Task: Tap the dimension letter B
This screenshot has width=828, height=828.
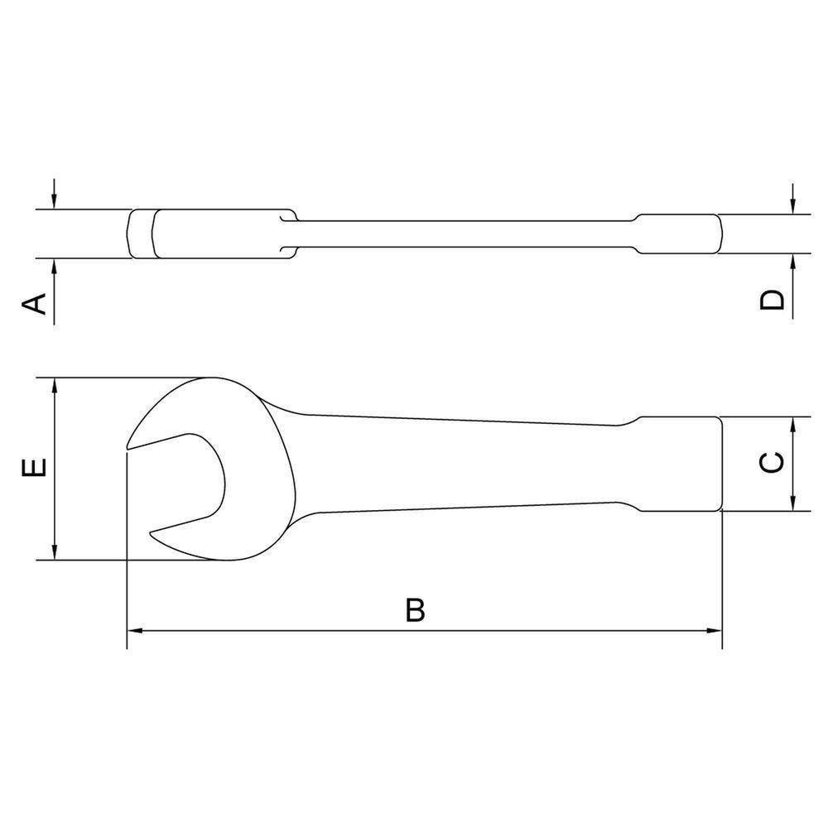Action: click(415, 609)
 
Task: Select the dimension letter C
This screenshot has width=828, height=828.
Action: click(772, 463)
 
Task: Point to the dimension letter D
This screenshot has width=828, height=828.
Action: click(772, 300)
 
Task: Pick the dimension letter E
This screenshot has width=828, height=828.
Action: click(34, 467)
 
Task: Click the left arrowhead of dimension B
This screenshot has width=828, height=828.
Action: click(135, 630)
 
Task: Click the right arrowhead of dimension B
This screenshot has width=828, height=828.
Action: click(714, 630)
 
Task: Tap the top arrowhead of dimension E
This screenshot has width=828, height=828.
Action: click(54, 386)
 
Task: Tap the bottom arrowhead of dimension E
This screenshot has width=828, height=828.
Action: click(54, 552)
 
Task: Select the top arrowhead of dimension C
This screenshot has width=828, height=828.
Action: click(792, 425)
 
